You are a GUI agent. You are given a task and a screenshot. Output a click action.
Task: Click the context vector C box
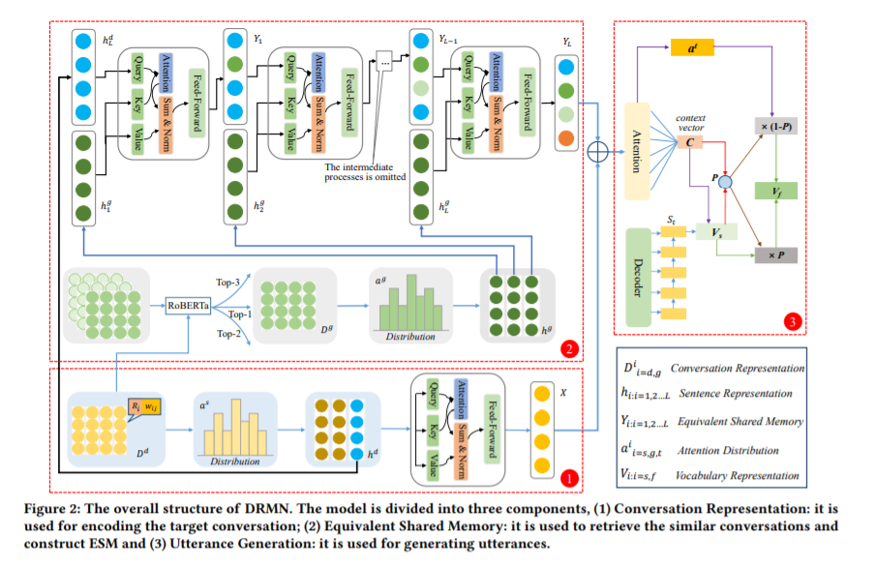692,142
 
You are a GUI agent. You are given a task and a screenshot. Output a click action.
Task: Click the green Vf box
775,193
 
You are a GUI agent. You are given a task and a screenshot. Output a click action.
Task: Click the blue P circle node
724,180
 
